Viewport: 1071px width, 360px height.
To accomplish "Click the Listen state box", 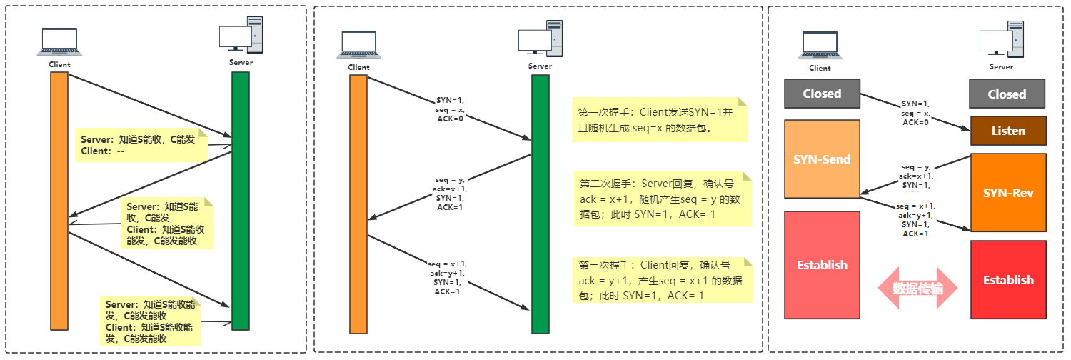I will click(x=1008, y=131).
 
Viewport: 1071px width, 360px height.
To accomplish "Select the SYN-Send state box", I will click(x=822, y=159).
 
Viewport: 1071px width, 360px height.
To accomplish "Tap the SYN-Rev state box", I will click(x=1008, y=193).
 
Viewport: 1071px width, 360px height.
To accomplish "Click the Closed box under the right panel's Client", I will click(x=822, y=94).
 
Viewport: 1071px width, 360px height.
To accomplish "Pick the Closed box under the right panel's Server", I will click(x=1007, y=94).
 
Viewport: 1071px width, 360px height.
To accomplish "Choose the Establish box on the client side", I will click(x=822, y=265).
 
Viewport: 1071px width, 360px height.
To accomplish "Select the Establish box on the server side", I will click(x=1008, y=279).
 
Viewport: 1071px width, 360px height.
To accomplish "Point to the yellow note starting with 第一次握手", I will click(x=660, y=119).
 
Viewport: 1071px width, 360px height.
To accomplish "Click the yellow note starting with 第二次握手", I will click(x=663, y=199).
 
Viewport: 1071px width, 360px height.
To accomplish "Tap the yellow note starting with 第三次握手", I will click(x=663, y=280).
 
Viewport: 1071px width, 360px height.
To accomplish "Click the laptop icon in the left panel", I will click(x=60, y=42).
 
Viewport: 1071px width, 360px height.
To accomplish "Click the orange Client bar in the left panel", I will click(x=59, y=200).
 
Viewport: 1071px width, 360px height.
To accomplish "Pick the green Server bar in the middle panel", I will click(x=540, y=204).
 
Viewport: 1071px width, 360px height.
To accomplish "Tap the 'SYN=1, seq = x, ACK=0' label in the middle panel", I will click(x=450, y=109).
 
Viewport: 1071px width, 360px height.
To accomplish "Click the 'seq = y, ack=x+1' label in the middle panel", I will click(x=450, y=193).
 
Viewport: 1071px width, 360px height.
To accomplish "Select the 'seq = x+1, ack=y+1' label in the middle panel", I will click(x=447, y=277).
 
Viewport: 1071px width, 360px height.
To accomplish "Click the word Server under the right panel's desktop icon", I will click(x=1001, y=66).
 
